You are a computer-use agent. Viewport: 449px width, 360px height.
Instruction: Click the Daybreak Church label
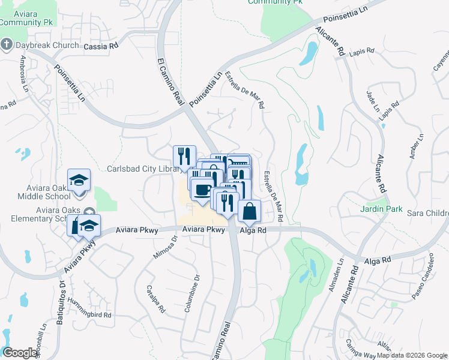tap(47, 45)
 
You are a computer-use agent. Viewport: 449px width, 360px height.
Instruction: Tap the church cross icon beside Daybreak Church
tap(7, 44)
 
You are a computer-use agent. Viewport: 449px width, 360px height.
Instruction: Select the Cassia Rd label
tap(101, 46)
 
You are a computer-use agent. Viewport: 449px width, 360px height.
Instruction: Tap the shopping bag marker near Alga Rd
tap(250, 211)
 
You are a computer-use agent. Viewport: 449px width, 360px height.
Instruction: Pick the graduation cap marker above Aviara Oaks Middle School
tap(78, 180)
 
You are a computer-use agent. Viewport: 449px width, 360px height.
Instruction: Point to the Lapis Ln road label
tap(364, 53)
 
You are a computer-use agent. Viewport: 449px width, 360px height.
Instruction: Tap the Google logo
tap(20, 353)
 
